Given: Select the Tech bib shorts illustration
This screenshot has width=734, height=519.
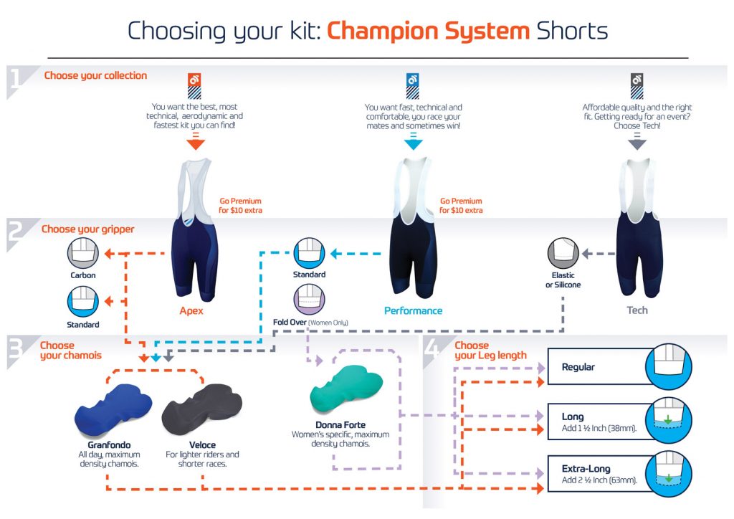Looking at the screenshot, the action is pyautogui.click(x=637, y=227).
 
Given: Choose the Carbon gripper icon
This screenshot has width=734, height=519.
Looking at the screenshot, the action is pyautogui.click(x=83, y=253).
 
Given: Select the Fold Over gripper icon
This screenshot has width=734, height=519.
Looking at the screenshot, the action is pyautogui.click(x=309, y=299).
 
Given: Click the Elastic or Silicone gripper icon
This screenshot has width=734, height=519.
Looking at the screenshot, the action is pyautogui.click(x=563, y=253).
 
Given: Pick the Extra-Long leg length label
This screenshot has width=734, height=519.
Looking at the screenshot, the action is pyautogui.click(x=586, y=468).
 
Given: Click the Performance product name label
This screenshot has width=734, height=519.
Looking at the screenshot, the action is pyautogui.click(x=413, y=310).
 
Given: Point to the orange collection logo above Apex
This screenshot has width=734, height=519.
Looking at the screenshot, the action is pyautogui.click(x=194, y=86).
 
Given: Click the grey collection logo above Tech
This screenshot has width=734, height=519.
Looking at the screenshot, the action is pyautogui.click(x=637, y=86).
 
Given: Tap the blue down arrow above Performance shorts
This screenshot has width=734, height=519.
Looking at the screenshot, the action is pyautogui.click(x=413, y=141).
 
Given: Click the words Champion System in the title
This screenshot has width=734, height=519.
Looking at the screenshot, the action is pyautogui.click(x=428, y=32).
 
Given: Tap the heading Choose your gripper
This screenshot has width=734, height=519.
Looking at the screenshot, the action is pyautogui.click(x=87, y=229).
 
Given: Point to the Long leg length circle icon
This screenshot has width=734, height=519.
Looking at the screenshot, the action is pyautogui.click(x=669, y=419).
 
